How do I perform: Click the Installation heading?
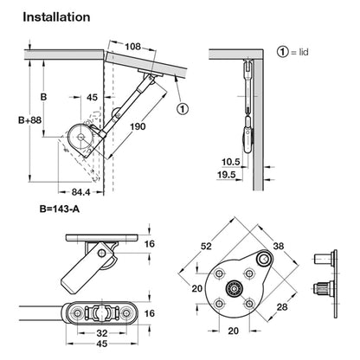[56, 17]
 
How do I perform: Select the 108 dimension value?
[132, 46]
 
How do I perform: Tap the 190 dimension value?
[138, 126]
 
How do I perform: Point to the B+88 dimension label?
[30, 120]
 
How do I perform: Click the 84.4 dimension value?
[80, 192]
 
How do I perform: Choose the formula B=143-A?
[60, 209]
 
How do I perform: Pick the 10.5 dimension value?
[231, 162]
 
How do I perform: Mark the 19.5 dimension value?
[227, 175]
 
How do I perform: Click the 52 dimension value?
[206, 246]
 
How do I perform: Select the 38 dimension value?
[279, 246]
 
